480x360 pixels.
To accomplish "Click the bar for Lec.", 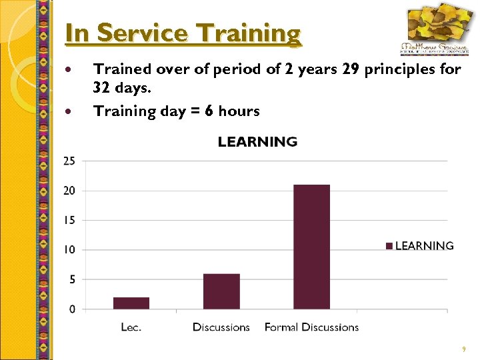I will [131, 303].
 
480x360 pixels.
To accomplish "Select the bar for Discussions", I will [221, 291].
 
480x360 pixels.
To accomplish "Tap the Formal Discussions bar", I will [312, 247].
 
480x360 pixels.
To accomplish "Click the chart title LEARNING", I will [257, 142].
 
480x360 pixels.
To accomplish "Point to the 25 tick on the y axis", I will [69, 161].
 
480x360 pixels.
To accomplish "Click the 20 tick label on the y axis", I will [69, 191].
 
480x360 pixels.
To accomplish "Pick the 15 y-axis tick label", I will [69, 220].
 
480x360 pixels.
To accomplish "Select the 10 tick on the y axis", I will [69, 250].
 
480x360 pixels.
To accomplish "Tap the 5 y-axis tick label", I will [72, 279].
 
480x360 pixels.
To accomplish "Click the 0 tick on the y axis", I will [72, 309].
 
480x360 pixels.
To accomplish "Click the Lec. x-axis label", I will [131, 327].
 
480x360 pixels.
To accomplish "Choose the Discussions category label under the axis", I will [221, 327].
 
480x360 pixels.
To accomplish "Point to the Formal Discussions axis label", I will [311, 327].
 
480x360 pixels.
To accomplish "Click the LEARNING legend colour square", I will [389, 246].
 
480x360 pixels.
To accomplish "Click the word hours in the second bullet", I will [239, 111].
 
